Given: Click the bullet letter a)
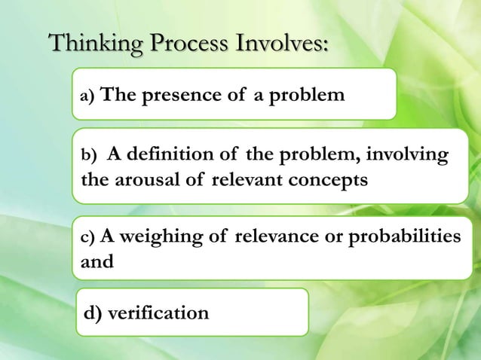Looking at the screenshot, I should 88,96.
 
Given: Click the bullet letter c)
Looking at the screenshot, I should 88,238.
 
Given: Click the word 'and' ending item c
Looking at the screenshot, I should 96,263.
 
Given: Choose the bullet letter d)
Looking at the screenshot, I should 94,312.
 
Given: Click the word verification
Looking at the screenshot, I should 158,312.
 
